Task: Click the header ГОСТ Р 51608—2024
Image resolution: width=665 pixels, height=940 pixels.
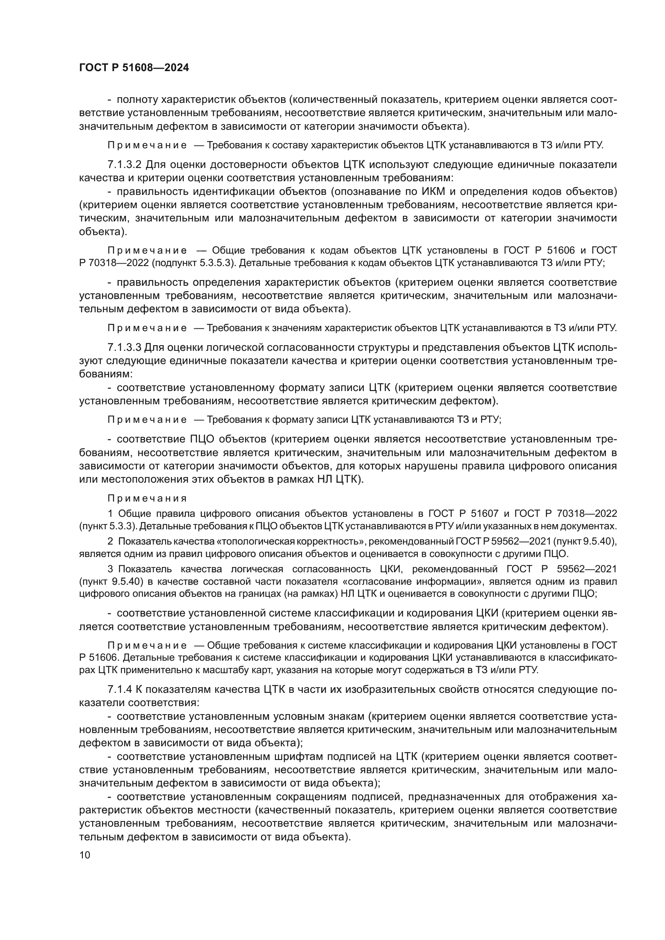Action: (134, 68)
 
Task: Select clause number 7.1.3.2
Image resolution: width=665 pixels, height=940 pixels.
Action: (125, 165)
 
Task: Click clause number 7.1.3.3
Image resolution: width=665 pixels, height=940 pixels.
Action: (125, 347)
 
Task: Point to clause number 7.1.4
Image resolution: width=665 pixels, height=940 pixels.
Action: (119, 689)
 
